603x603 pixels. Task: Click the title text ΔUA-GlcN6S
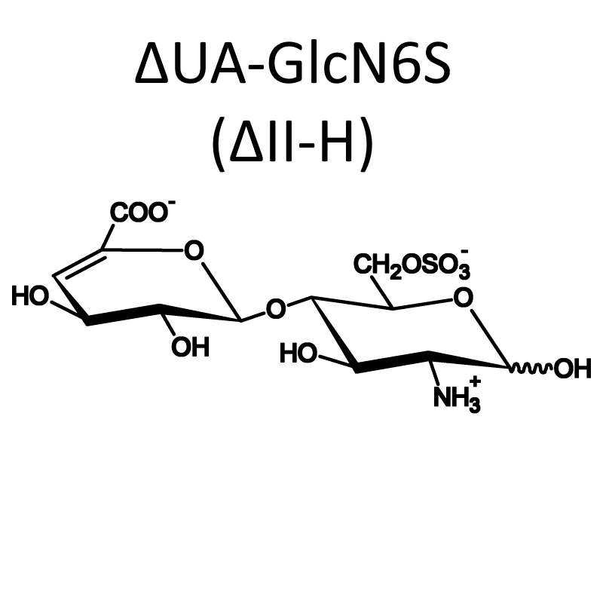(x=293, y=63)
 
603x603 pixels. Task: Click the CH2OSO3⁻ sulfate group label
(x=411, y=265)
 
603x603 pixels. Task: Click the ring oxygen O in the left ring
(x=194, y=250)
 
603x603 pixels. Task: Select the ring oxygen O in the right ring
(x=463, y=298)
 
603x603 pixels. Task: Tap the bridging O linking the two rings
(x=276, y=309)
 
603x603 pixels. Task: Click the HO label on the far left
(x=30, y=297)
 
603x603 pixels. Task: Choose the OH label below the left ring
(x=191, y=347)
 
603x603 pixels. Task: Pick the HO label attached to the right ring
(x=298, y=353)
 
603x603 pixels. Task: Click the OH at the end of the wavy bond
(x=573, y=369)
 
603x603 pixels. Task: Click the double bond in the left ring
(x=78, y=264)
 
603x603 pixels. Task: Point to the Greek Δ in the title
(x=152, y=63)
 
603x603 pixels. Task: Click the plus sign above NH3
(x=475, y=381)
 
